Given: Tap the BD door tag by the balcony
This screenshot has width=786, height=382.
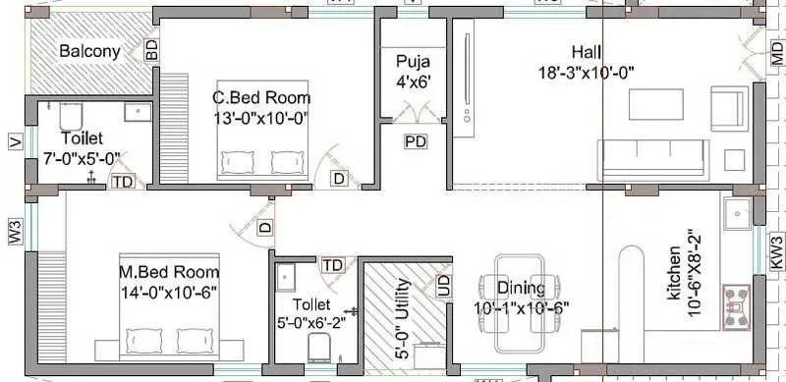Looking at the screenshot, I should click(152, 51).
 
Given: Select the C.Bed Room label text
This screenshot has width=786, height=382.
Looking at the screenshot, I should click(261, 98).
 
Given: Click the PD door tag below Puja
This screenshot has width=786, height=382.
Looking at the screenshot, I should click(416, 142).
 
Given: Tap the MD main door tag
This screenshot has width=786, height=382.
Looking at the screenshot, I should click(777, 55).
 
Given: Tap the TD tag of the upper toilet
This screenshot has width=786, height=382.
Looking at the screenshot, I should click(122, 182).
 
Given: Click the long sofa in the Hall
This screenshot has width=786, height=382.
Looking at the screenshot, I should click(652, 156).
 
